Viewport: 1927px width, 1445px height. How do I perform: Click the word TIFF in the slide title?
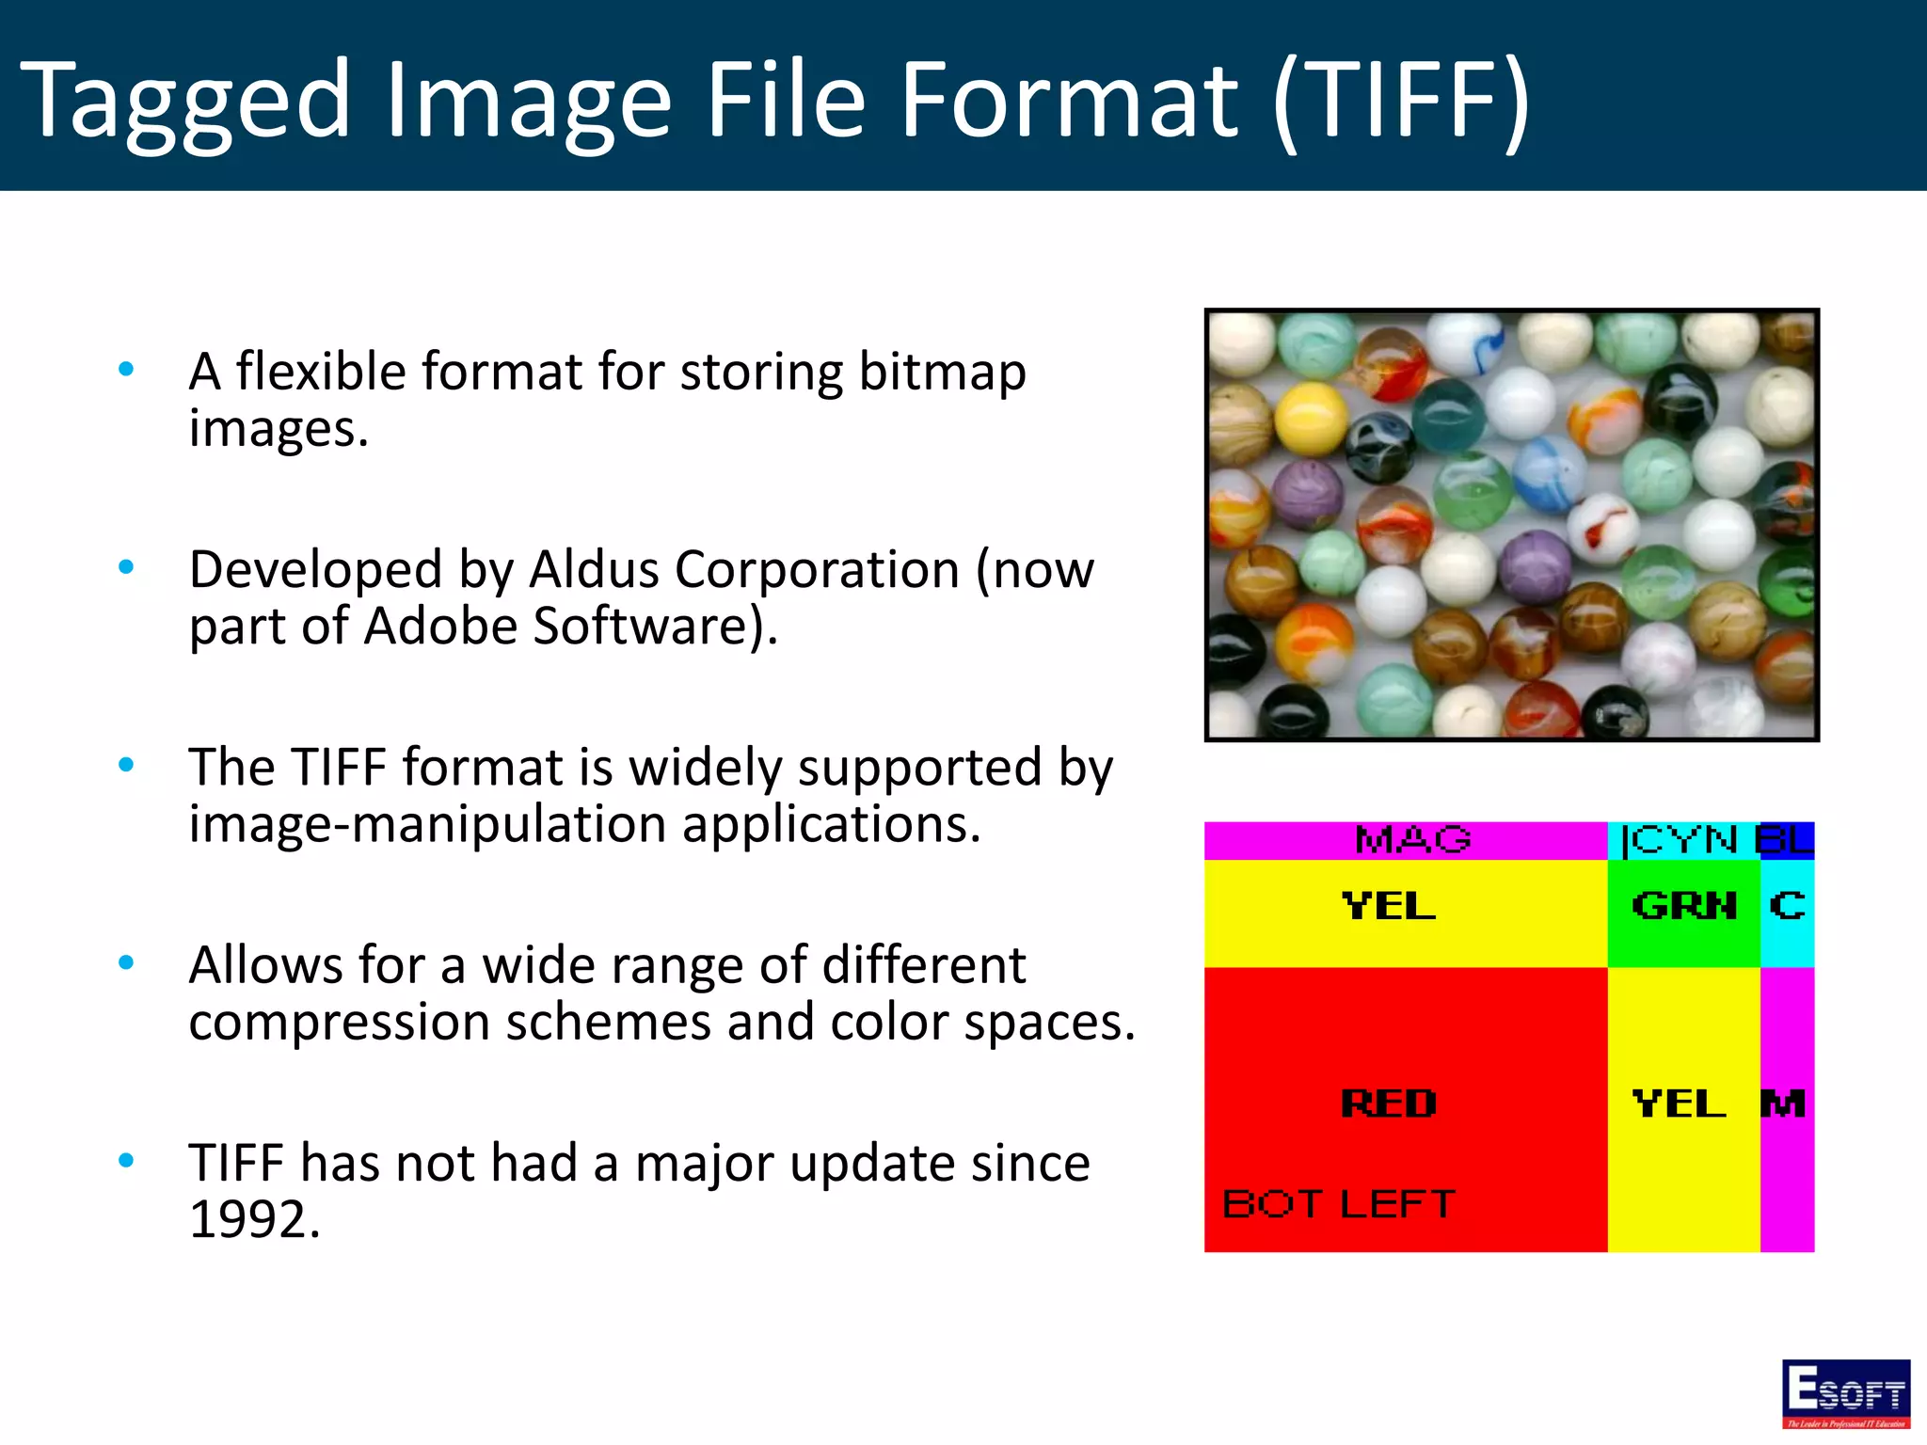[1402, 100]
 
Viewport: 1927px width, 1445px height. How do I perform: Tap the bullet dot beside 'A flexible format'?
[126, 369]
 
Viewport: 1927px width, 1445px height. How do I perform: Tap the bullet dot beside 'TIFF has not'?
[126, 1161]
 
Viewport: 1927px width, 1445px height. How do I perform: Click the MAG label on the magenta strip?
[1411, 839]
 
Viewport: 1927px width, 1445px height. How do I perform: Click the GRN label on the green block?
[1684, 906]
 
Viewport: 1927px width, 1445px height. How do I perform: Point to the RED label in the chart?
[1389, 1104]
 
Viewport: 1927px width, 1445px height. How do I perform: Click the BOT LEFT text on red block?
[1338, 1204]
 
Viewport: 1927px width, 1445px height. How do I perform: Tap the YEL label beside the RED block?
[1679, 1104]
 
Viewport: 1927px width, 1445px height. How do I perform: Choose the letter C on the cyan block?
[1787, 906]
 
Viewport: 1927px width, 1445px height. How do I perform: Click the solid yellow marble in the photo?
[1310, 417]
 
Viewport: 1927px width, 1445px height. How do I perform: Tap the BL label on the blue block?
[1785, 839]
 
